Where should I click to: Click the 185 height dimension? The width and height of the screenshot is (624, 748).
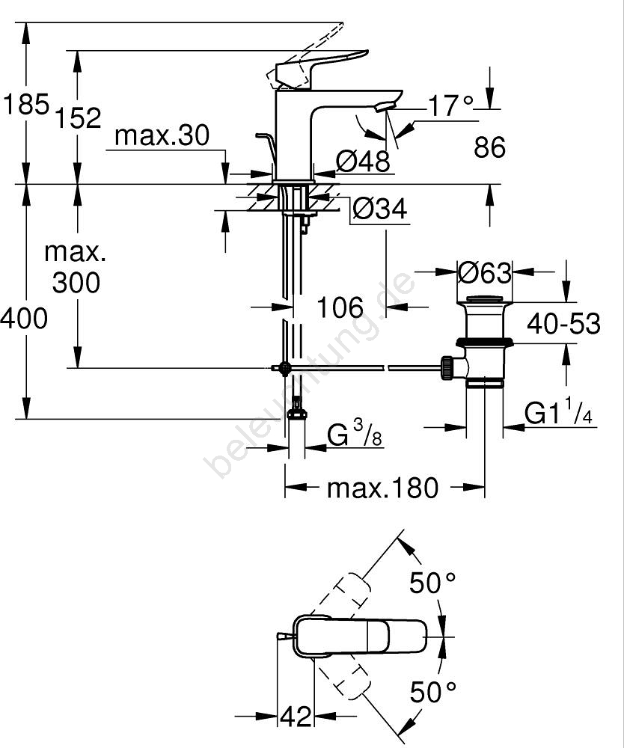click(x=26, y=103)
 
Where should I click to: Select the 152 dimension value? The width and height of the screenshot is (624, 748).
click(x=78, y=118)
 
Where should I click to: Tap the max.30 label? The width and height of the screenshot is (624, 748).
click(x=162, y=135)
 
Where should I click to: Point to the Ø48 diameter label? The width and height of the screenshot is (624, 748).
click(x=363, y=161)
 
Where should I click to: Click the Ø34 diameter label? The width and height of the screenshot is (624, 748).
click(x=380, y=209)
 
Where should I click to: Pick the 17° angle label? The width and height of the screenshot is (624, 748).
click(x=451, y=105)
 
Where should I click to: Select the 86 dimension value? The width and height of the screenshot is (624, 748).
click(x=489, y=147)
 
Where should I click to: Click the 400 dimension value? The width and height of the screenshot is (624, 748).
click(x=24, y=318)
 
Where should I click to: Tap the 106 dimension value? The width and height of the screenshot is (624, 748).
click(x=340, y=307)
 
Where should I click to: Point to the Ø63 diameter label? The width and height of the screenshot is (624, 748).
click(x=485, y=273)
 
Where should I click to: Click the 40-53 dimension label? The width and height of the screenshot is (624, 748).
click(x=563, y=324)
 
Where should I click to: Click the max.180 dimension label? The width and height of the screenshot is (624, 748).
click(x=382, y=488)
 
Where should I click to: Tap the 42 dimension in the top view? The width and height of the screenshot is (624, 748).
click(x=296, y=717)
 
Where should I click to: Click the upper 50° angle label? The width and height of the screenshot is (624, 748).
click(x=432, y=583)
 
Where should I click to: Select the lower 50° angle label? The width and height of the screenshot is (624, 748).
click(x=432, y=693)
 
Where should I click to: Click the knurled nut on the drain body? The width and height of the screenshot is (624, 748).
click(x=448, y=368)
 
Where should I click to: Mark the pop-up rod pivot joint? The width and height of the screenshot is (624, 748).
click(x=284, y=368)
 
